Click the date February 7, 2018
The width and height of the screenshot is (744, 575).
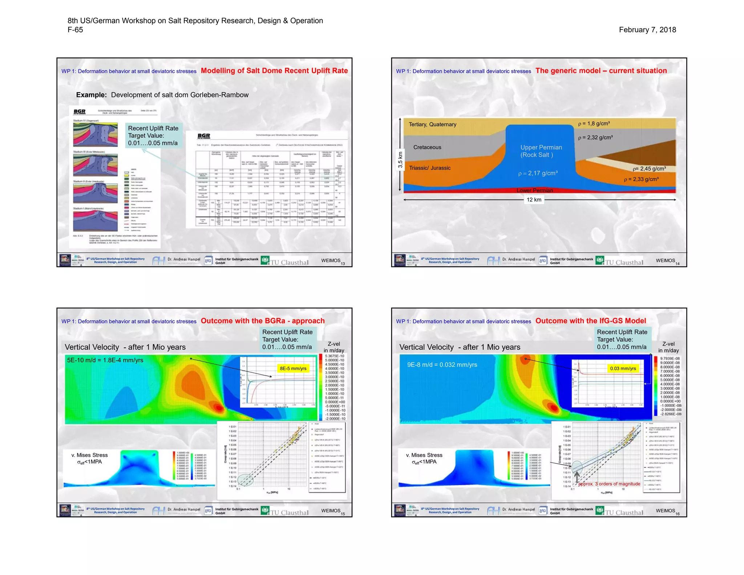pyautogui.click(x=647, y=30)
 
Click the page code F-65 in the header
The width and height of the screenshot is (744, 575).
pyautogui.click(x=75, y=30)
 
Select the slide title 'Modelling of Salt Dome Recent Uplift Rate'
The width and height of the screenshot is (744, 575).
pyautogui.click(x=274, y=71)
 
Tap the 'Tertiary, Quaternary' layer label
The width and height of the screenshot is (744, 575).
pyautogui.click(x=432, y=124)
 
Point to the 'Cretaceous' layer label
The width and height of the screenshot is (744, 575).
pyautogui.click(x=427, y=147)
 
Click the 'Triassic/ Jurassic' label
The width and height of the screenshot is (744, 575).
pyautogui.click(x=430, y=168)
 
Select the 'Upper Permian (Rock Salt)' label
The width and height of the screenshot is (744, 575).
pyautogui.click(x=541, y=151)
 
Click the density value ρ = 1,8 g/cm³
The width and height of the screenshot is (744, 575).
pyautogui.click(x=594, y=124)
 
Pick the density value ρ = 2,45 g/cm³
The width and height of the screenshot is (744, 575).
pyautogui.click(x=649, y=169)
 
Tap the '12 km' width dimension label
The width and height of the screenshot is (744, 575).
pyautogui.click(x=534, y=200)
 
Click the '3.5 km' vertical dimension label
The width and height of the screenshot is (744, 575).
pyautogui.click(x=400, y=160)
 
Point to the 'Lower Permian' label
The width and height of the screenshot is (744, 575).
pyautogui.click(x=535, y=190)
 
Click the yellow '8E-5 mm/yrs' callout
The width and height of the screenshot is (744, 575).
pyautogui.click(x=293, y=369)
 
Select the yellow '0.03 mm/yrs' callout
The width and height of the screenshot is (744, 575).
pyautogui.click(x=623, y=369)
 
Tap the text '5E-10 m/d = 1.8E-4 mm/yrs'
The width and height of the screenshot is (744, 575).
pyautogui.click(x=105, y=360)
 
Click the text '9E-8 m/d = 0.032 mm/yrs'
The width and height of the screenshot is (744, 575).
pyautogui.click(x=442, y=365)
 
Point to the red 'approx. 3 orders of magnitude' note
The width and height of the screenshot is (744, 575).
pyautogui.click(x=609, y=484)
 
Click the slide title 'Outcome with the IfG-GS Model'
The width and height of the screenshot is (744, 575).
pyautogui.click(x=591, y=321)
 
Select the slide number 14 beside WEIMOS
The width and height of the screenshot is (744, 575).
pyautogui.click(x=678, y=264)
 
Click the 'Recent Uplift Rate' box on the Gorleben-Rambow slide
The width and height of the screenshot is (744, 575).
pyautogui.click(x=153, y=136)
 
